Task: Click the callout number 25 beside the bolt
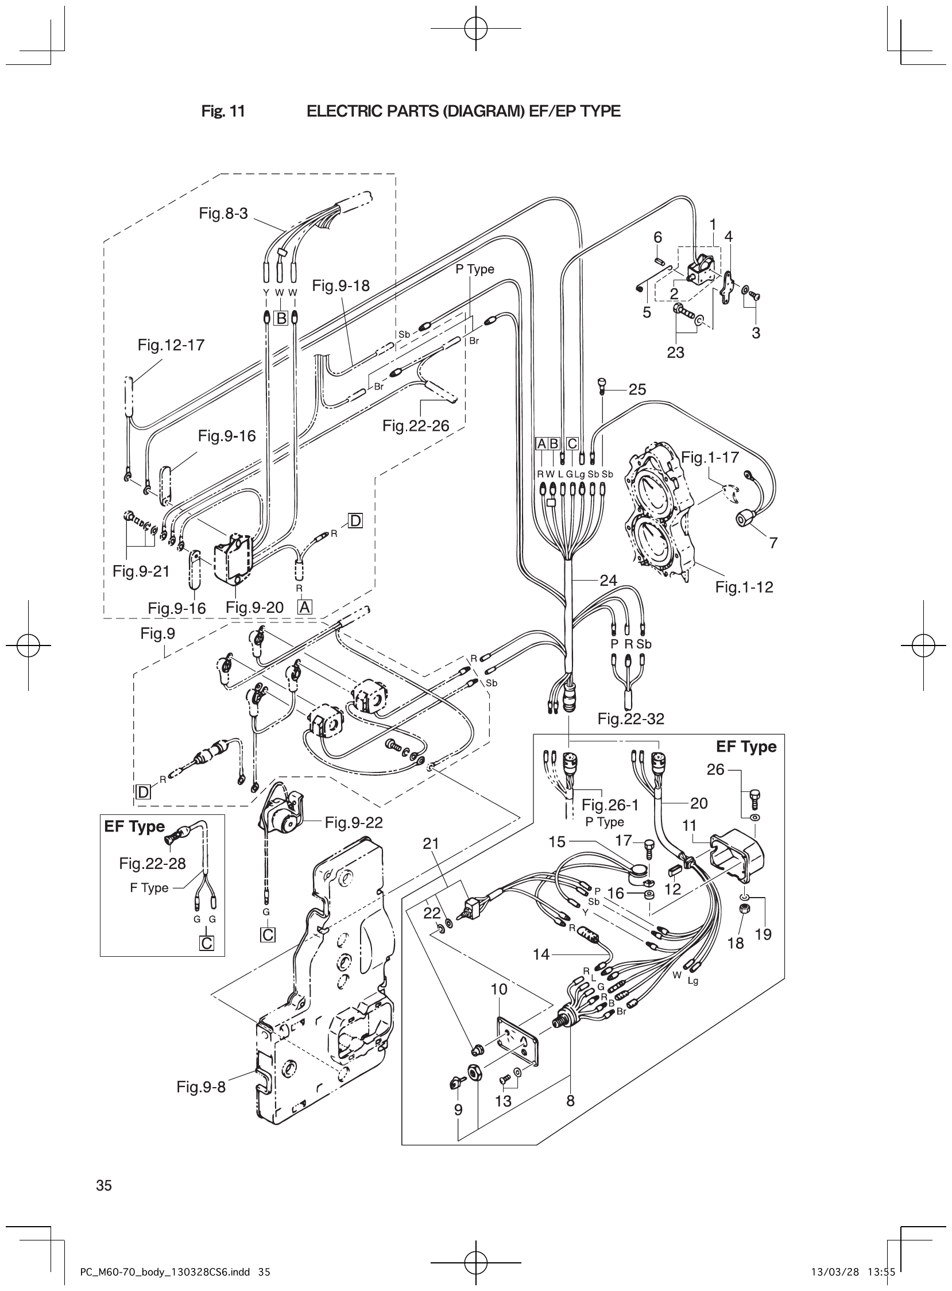pos(637,389)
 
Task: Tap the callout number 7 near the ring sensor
pos(773,542)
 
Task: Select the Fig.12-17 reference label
pos(171,345)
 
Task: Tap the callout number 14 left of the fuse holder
pos(541,954)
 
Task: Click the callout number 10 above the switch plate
pos(499,989)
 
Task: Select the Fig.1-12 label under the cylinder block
pos(744,587)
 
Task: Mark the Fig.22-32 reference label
pos(630,718)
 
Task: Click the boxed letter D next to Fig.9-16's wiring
pos(355,521)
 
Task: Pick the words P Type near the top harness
pos(475,270)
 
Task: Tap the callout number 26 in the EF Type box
pos(715,770)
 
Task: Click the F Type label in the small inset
pos(149,888)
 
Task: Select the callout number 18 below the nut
pos(736,943)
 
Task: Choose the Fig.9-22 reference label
pos(353,822)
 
